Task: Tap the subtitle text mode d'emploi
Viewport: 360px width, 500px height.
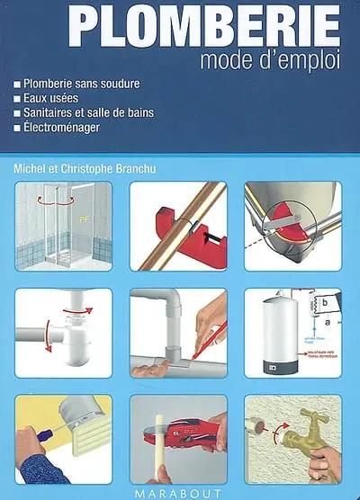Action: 271,62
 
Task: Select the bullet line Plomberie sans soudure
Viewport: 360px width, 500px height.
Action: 82,84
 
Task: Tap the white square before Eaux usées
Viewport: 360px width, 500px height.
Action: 18,99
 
